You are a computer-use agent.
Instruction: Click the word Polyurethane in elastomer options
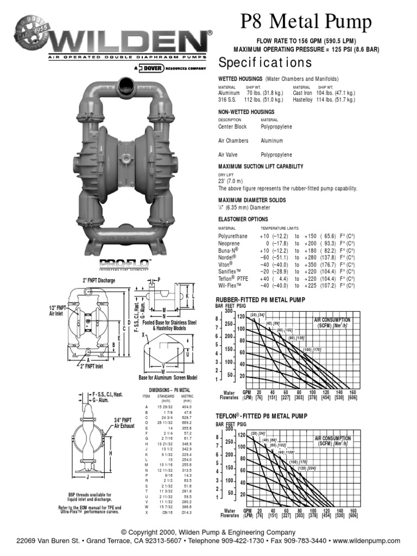click(233, 236)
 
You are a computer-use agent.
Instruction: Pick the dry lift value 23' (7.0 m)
click(231, 181)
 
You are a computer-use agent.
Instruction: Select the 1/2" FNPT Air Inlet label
click(59, 310)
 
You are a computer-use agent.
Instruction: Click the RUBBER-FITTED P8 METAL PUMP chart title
click(261, 300)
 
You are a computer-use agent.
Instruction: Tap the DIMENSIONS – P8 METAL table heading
click(169, 390)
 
